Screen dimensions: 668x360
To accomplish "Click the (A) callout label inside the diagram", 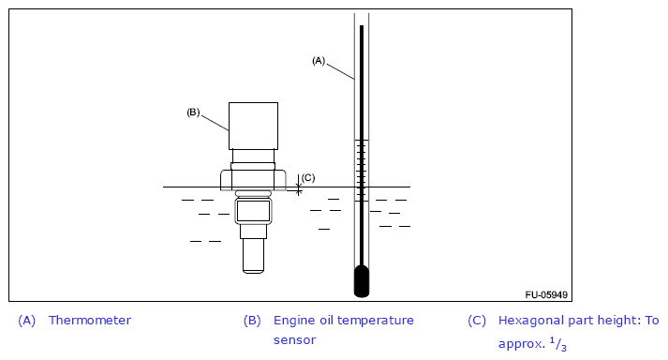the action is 319,61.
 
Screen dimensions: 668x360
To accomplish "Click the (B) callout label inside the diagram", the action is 193,112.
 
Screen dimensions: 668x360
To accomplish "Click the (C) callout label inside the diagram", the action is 308,177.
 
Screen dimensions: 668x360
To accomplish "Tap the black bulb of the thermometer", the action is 362,281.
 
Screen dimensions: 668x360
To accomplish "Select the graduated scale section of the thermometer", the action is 362,171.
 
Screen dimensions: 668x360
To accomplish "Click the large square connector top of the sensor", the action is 254,126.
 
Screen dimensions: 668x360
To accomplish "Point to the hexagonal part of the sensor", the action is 253,180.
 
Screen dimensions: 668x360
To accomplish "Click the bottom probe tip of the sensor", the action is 254,256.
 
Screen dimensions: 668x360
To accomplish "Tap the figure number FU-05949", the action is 546,294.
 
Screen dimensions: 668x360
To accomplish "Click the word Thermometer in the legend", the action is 90,321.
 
